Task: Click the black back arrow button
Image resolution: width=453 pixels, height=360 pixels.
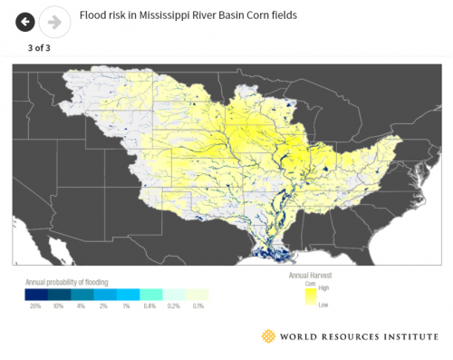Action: [25, 21]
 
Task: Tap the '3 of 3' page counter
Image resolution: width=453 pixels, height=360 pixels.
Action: [38, 47]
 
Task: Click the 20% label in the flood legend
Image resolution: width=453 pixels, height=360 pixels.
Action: [35, 306]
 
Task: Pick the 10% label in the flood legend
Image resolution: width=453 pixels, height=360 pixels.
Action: [58, 306]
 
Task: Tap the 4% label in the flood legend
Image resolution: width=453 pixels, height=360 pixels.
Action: [82, 306]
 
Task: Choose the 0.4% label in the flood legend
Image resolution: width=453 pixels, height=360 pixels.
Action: [150, 306]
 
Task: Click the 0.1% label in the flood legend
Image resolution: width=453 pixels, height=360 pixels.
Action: [198, 306]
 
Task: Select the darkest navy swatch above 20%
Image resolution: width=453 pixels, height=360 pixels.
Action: [35, 294]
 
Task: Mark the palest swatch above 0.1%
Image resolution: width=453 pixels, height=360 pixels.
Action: [198, 294]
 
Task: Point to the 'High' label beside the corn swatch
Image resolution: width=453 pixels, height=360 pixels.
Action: [324, 287]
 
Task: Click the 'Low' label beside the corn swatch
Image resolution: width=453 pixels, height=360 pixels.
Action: [323, 306]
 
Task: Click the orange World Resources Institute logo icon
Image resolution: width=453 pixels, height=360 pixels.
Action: [267, 337]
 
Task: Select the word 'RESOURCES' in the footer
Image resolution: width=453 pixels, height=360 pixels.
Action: [344, 337]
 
